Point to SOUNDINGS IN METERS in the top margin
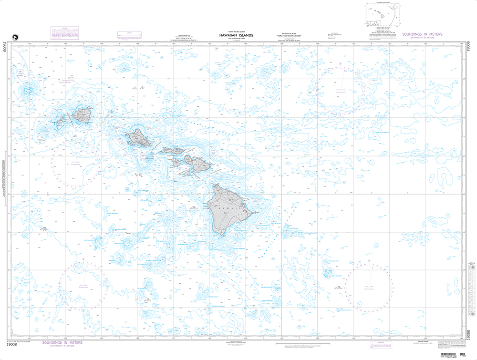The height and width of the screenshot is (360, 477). [422, 35]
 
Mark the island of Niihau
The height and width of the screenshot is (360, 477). [61, 121]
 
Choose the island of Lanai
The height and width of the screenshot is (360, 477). [176, 162]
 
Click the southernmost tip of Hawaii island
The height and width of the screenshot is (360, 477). [220, 235]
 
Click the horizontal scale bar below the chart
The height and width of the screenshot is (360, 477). [310, 343]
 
